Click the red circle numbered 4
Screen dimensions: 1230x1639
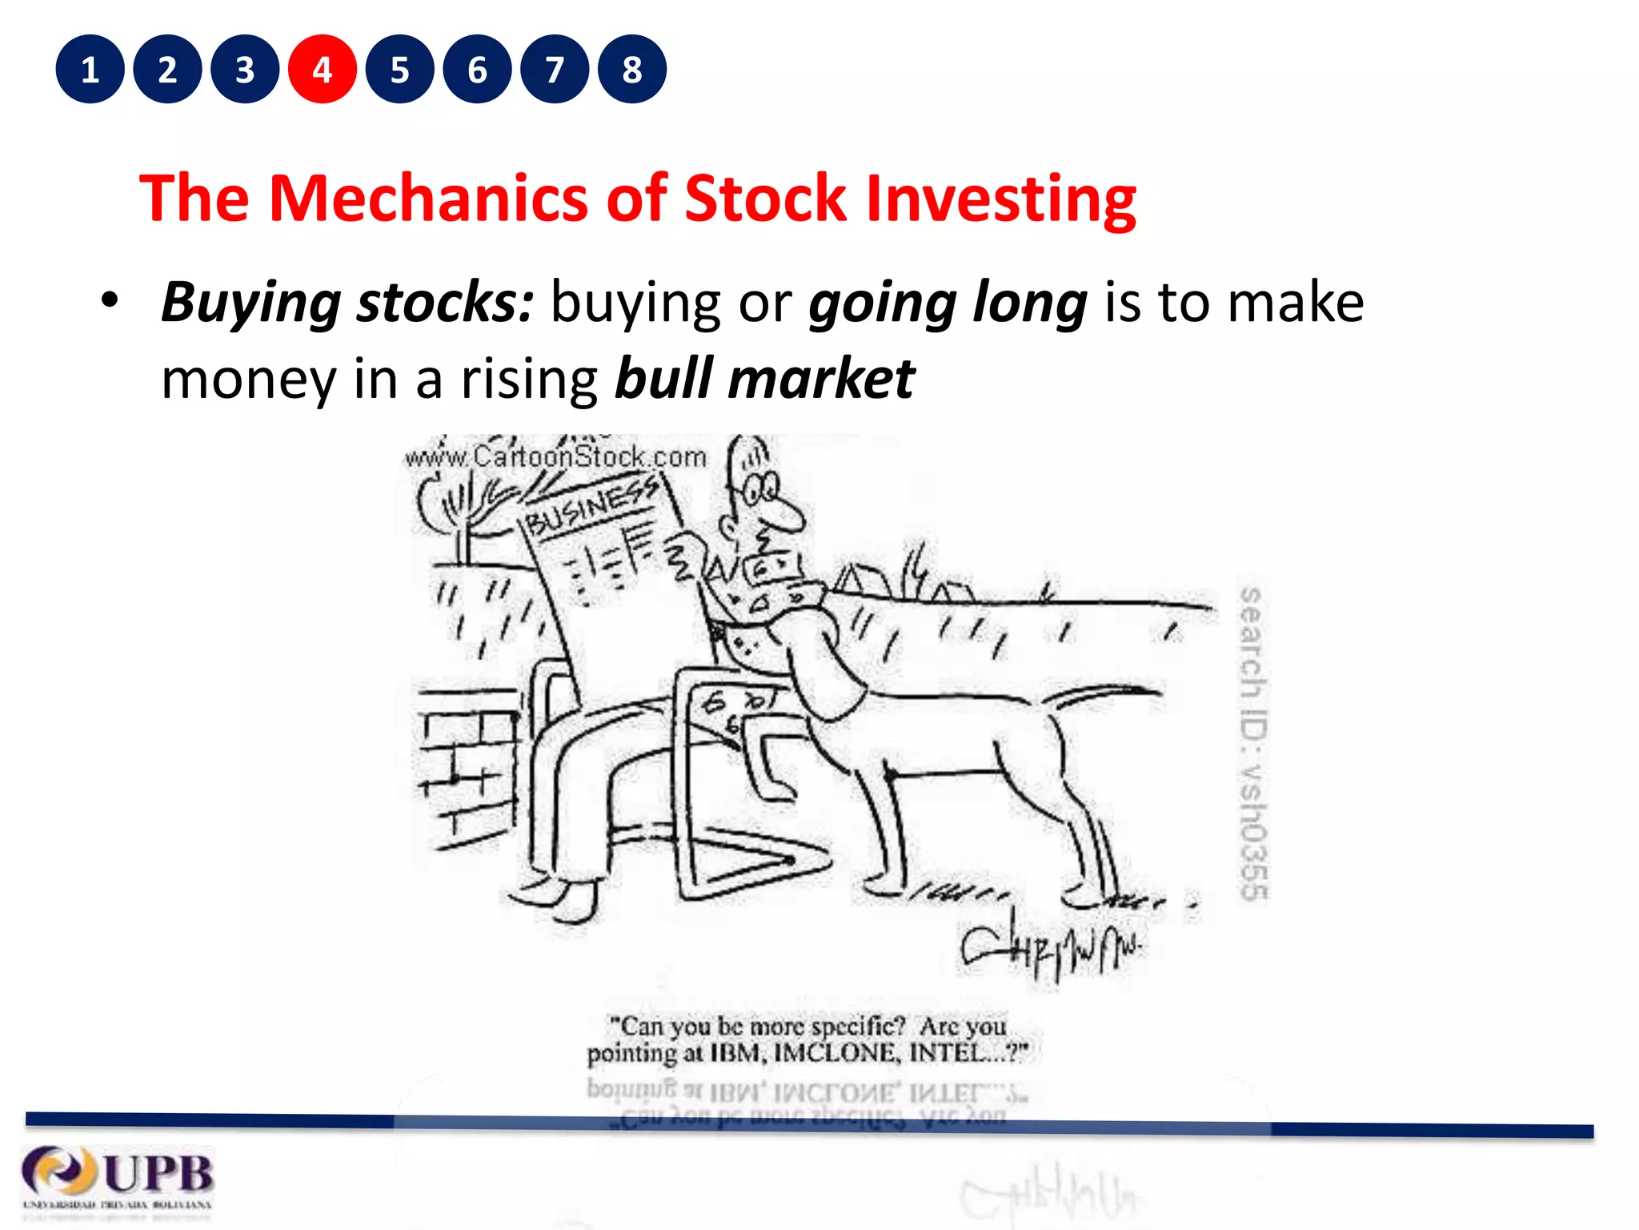click(x=323, y=70)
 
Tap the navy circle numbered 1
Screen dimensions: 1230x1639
click(x=90, y=70)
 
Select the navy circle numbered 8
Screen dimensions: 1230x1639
click(x=632, y=70)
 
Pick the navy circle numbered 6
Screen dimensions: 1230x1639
click(x=477, y=70)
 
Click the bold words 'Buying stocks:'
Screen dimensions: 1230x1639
click(x=347, y=303)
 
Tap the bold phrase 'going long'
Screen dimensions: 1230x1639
click(x=948, y=303)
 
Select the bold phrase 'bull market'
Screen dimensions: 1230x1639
click(x=764, y=379)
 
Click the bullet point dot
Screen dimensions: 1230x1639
click(x=110, y=302)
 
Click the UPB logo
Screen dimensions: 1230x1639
click(x=118, y=1177)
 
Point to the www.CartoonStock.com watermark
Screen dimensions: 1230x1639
click(x=555, y=458)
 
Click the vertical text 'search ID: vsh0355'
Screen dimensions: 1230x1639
click(x=1253, y=743)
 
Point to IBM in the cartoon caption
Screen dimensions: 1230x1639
click(x=735, y=1053)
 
